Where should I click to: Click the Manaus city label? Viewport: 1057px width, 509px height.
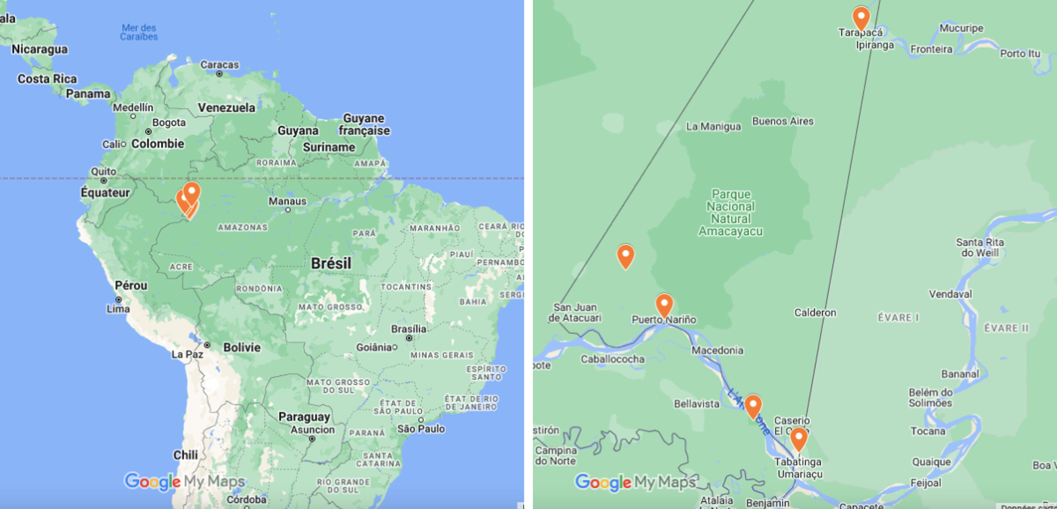point(287,201)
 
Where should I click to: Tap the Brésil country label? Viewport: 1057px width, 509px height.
point(331,263)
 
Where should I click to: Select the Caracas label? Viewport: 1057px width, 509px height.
point(219,65)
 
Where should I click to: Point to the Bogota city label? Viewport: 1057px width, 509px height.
point(169,123)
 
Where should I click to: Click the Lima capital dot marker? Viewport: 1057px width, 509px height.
point(119,299)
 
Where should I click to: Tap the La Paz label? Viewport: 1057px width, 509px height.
point(187,354)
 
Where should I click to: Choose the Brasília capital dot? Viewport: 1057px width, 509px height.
point(409,338)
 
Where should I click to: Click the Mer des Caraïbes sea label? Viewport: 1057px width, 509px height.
point(139,32)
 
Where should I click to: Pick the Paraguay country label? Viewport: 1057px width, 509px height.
point(304,417)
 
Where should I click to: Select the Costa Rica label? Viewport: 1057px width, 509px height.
point(47,79)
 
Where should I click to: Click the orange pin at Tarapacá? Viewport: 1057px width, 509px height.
point(861,18)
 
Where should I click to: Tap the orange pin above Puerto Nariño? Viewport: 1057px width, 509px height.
point(664,305)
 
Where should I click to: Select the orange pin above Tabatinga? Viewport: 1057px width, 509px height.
point(798,439)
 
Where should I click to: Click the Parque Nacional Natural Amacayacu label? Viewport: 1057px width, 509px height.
point(730,213)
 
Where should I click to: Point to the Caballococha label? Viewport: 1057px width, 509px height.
point(612,359)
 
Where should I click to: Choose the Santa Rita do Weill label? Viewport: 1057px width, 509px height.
point(980,247)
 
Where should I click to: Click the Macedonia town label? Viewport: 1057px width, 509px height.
point(717,351)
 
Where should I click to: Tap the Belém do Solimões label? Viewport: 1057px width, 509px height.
point(930,397)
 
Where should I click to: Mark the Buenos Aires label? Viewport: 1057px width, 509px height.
point(782,121)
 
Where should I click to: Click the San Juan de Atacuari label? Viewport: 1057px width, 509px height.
point(574,313)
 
